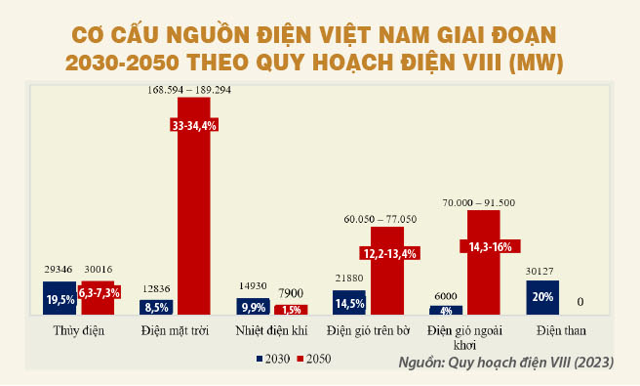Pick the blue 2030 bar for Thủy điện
(x=60, y=298)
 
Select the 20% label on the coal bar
(x=543, y=298)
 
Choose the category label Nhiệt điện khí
(x=271, y=330)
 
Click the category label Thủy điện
(x=78, y=330)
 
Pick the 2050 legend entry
(x=314, y=360)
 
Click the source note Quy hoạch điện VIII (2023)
(x=505, y=363)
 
